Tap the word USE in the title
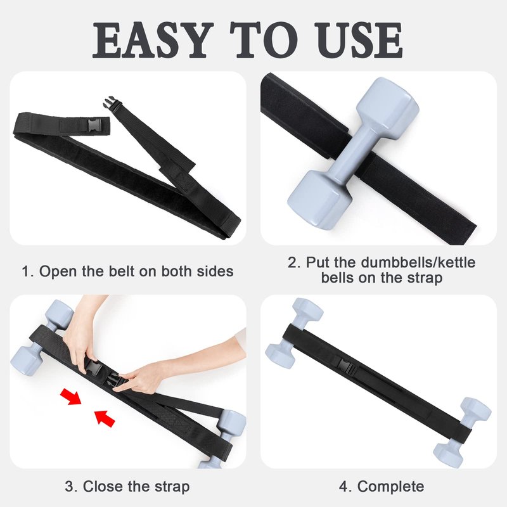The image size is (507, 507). (x=359, y=40)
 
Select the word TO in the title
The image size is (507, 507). (x=264, y=40)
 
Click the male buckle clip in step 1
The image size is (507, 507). (x=110, y=103)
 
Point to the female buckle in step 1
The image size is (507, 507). (x=94, y=124)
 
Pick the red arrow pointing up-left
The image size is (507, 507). (x=105, y=418)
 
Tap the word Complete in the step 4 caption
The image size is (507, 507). (x=390, y=487)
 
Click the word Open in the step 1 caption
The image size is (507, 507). (x=58, y=272)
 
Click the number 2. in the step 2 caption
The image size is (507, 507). (x=294, y=262)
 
